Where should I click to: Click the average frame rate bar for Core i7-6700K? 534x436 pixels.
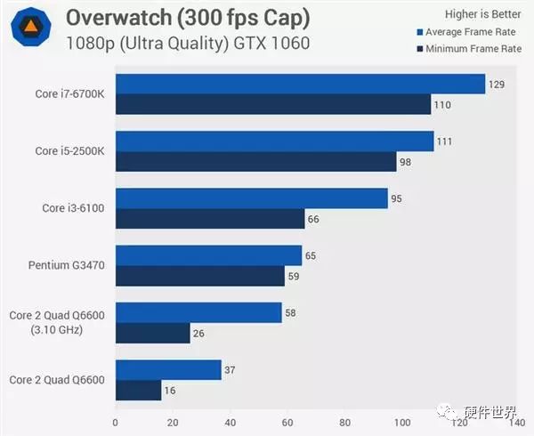tap(300, 85)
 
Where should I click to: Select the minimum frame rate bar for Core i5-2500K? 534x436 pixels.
tap(256, 162)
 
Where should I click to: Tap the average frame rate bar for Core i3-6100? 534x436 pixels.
tap(252, 198)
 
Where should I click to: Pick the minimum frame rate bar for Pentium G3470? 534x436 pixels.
tap(200, 276)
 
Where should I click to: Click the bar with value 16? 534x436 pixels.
tap(139, 391)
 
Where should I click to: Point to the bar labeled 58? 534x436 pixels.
tap(198, 313)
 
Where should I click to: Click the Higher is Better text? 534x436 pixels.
tap(483, 14)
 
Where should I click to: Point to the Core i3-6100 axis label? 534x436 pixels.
tap(74, 208)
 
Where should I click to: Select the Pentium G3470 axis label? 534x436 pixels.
tap(68, 265)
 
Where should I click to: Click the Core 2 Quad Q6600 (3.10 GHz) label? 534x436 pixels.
tap(58, 323)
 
